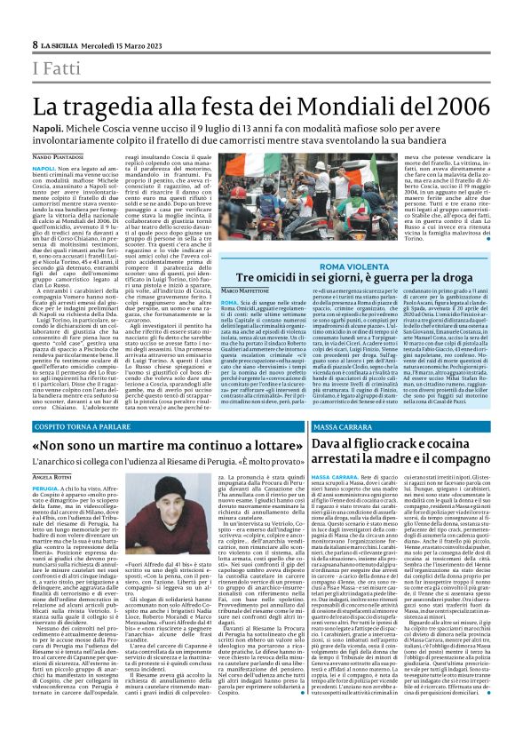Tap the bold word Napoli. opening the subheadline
[x=49, y=130]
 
